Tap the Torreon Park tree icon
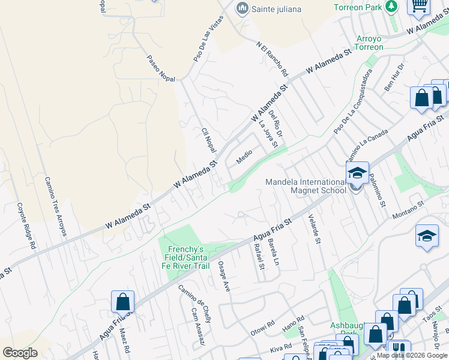point(392,7)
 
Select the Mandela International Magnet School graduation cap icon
point(357,173)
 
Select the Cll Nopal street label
point(208,139)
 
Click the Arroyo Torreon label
point(370,43)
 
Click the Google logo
point(20,352)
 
